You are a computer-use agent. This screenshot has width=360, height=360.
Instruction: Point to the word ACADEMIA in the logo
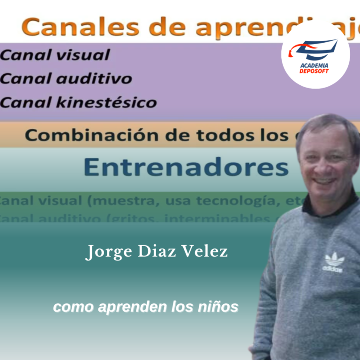314,66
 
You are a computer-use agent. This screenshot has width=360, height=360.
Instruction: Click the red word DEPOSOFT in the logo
314,71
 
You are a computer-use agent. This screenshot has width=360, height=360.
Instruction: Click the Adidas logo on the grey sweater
333,262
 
